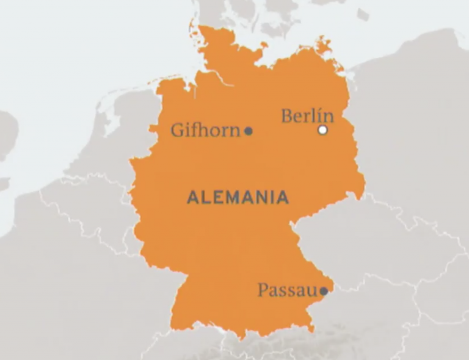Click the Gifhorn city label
point(205,130)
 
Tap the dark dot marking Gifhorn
point(249,131)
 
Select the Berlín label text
point(307,116)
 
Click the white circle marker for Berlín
point(323,130)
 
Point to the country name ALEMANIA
point(238,197)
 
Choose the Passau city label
point(288,290)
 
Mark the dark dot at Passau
point(324,291)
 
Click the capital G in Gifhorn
point(178,130)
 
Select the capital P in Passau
point(263,290)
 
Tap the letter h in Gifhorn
point(205,130)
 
